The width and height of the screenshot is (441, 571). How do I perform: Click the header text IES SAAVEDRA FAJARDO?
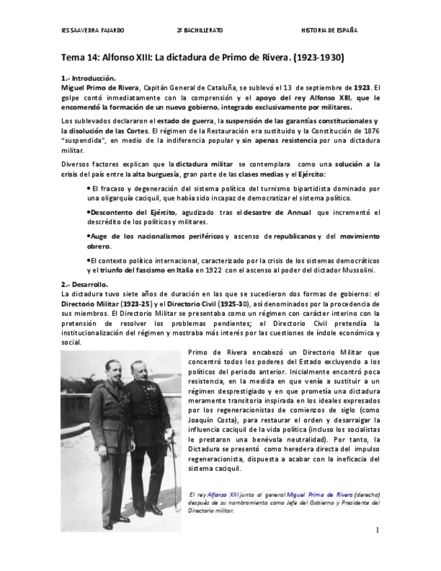coord(92,31)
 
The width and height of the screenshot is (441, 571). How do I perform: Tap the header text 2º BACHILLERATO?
coord(199,31)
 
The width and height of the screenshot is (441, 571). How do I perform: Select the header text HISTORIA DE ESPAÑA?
coord(329,31)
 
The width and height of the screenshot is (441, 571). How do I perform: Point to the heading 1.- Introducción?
coord(88,78)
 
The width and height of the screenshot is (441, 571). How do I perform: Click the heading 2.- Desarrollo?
coord(84,284)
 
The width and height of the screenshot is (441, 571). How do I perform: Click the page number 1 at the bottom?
coord(377,531)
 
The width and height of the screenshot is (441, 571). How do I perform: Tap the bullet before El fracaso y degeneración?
coord(89,189)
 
